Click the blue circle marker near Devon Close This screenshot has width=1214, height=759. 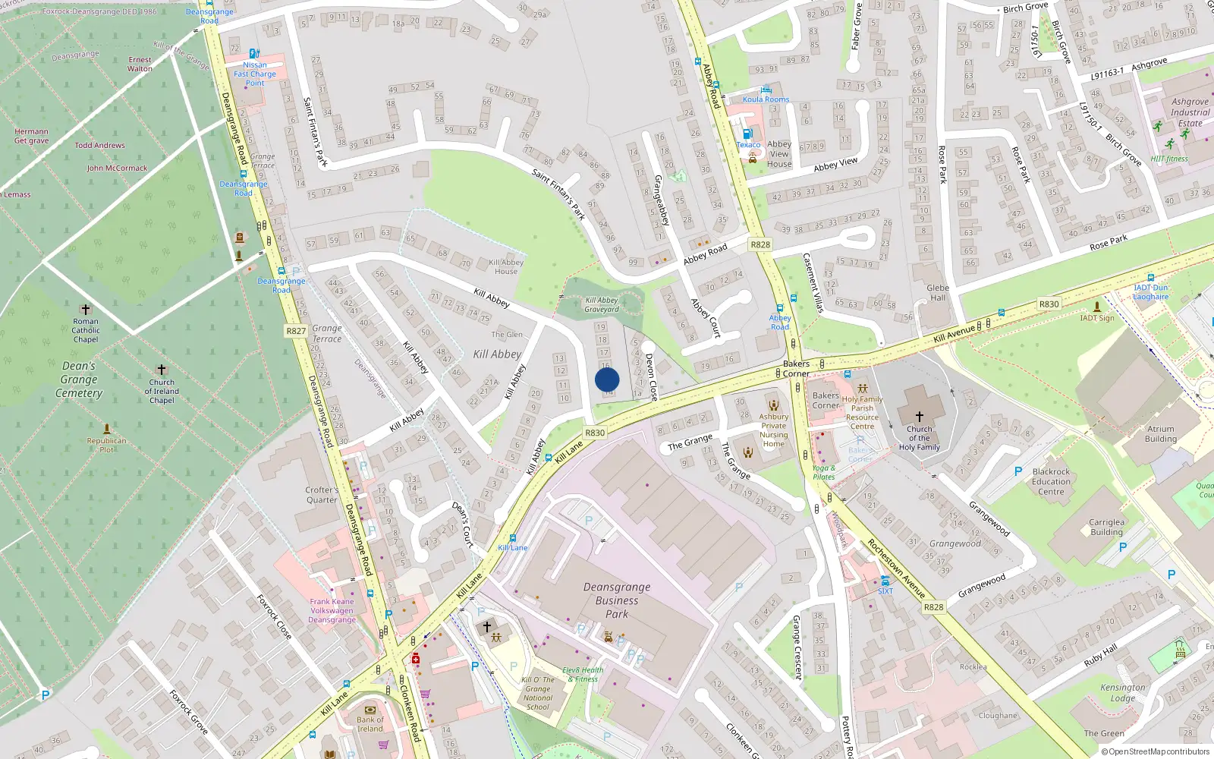(x=607, y=379)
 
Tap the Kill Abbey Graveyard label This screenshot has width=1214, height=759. (x=602, y=304)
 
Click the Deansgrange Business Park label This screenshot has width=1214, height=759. (x=617, y=600)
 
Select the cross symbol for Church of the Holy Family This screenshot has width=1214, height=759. (x=920, y=417)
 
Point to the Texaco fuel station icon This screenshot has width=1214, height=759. (x=747, y=134)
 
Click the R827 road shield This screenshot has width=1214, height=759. (x=296, y=331)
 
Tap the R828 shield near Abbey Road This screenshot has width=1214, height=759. (x=760, y=244)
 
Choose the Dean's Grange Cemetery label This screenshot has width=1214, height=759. (x=79, y=379)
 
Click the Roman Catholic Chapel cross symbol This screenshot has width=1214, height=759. (x=86, y=310)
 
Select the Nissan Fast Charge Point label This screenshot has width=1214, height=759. (x=255, y=74)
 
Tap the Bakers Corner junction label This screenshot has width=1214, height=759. (x=796, y=368)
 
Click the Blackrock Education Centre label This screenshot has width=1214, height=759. (x=1051, y=481)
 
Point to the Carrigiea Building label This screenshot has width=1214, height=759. (x=1106, y=527)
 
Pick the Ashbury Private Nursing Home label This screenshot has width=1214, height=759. (x=773, y=430)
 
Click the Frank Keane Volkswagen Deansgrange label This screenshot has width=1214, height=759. (x=332, y=610)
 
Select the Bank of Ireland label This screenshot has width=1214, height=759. (x=370, y=724)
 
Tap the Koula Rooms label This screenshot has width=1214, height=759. (x=766, y=99)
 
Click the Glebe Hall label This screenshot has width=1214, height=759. (x=938, y=292)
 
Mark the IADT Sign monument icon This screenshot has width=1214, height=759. (x=1096, y=306)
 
